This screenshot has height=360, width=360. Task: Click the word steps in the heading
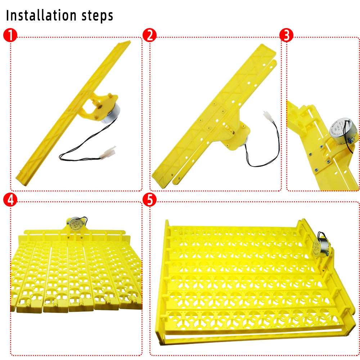click(96, 16)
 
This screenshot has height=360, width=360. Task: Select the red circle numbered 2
click(149, 36)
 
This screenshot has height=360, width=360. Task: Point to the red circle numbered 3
click(287, 35)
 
